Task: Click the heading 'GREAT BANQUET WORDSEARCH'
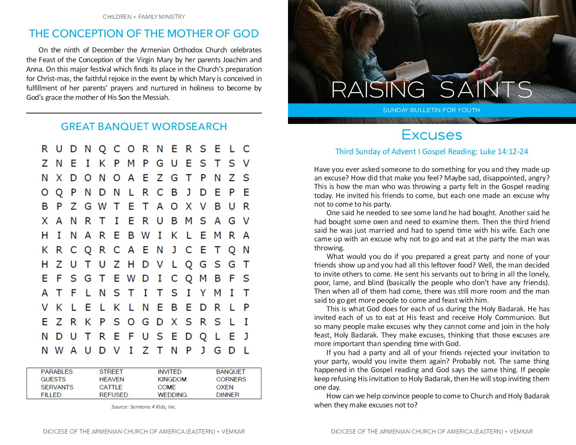click(x=144, y=127)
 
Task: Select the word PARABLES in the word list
click(x=56, y=372)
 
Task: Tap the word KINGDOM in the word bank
click(x=172, y=380)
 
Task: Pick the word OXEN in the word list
click(x=225, y=387)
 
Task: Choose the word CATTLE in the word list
click(x=110, y=387)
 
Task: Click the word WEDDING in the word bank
click(x=172, y=395)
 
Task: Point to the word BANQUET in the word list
click(x=230, y=372)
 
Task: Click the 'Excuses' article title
click(x=432, y=135)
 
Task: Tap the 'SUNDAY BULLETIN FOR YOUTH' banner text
click(x=431, y=110)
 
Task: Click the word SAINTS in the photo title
click(x=486, y=90)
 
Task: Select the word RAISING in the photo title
click(x=378, y=90)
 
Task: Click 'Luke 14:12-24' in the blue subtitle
click(x=504, y=152)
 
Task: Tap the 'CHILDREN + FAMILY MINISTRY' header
click(x=144, y=17)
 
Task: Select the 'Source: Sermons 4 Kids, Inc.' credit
click(x=144, y=407)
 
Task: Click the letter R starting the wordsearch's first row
click(x=45, y=149)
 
